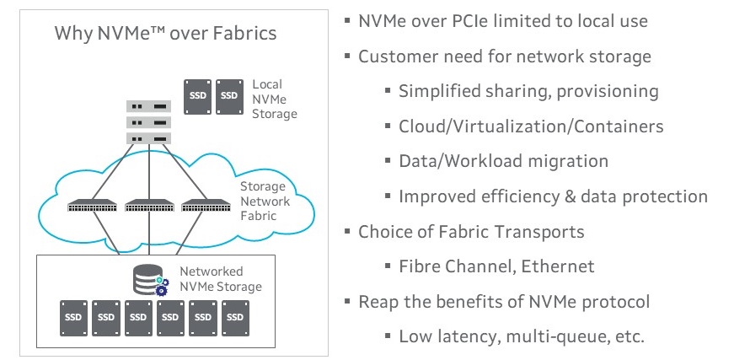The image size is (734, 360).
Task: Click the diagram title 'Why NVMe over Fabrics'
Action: pyautogui.click(x=165, y=34)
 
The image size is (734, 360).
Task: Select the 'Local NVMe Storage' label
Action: pyautogui.click(x=274, y=99)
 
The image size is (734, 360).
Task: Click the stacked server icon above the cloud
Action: pyautogui.click(x=148, y=122)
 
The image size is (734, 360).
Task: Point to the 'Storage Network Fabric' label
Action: pyautogui.click(x=263, y=201)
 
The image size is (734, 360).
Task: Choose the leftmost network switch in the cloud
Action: pyautogui.click(x=93, y=205)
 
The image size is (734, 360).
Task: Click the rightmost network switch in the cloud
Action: pyautogui.click(x=205, y=205)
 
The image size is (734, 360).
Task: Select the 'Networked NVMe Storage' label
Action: pyautogui.click(x=221, y=279)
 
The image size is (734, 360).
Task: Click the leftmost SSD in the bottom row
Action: pyautogui.click(x=74, y=317)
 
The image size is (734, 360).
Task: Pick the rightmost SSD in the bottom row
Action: pyautogui.click(x=234, y=317)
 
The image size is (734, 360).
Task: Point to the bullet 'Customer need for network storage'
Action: pyautogui.click(x=504, y=56)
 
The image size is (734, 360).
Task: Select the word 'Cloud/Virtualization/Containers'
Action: pyautogui.click(x=531, y=126)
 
